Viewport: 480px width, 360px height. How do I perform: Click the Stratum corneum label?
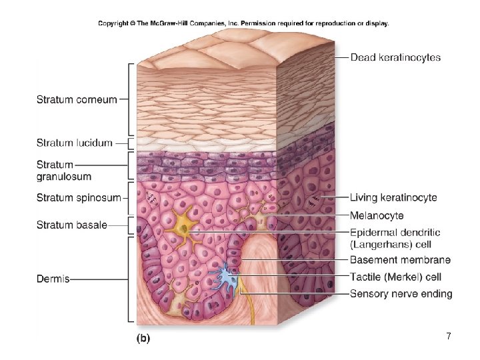coord(77,99)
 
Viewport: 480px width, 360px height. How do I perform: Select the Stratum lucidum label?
coord(75,143)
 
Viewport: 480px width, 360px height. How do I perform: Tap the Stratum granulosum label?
coord(64,171)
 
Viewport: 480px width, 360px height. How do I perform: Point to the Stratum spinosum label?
coord(79,198)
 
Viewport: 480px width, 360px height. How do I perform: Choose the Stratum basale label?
coord(72,225)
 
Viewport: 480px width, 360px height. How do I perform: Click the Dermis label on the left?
coord(53,279)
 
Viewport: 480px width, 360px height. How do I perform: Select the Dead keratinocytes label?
coord(395,57)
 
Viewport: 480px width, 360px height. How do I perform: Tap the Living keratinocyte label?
coord(393,197)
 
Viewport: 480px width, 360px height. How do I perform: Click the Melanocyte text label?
coord(377,215)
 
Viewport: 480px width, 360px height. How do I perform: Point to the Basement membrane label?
coord(401,260)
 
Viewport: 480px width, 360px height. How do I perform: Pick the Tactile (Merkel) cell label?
coord(395,277)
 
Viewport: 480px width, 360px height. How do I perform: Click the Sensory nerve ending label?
coord(401,294)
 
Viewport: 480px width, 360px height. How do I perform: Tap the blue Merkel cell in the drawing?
coord(228,277)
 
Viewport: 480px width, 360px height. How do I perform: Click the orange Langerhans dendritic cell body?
coord(183,227)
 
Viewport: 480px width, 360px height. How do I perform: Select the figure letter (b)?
coord(143,338)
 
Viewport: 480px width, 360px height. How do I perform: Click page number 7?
coord(449,336)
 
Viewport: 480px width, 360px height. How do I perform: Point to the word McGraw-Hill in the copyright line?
coord(169,23)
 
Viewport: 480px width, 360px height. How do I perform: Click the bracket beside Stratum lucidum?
coord(131,143)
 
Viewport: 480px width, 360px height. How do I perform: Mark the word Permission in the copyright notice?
coord(258,23)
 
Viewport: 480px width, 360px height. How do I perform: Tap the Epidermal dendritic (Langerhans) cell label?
coord(395,239)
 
